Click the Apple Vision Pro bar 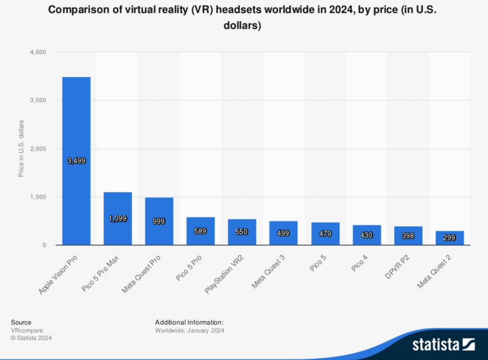click(x=76, y=136)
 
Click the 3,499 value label click(x=76, y=161)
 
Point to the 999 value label click(x=159, y=221)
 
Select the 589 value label click(x=201, y=231)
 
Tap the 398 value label click(x=408, y=236)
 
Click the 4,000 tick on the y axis click(x=38, y=52)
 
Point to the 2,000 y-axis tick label click(x=38, y=149)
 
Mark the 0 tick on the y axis click(x=44, y=245)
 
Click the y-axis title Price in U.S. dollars click(x=21, y=148)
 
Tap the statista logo click(x=443, y=345)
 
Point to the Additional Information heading click(x=189, y=322)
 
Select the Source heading click(x=21, y=322)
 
